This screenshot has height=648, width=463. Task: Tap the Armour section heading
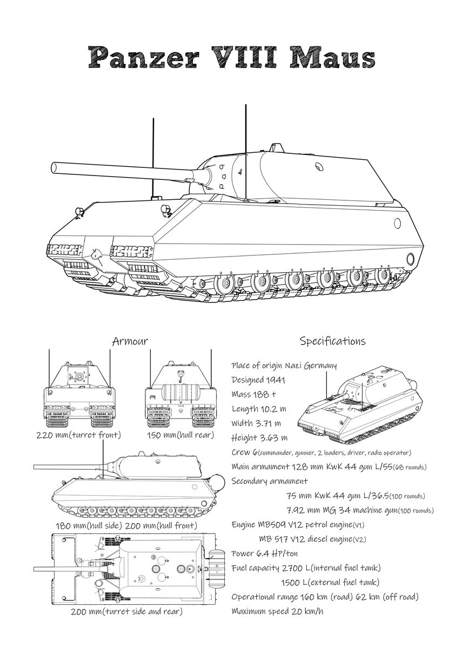pos(130,341)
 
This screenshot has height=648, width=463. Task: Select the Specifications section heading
pos(332,341)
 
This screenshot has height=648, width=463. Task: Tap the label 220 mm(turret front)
pos(79,435)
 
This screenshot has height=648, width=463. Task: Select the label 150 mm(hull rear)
pos(180,435)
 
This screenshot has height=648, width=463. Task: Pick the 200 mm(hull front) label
pos(162,525)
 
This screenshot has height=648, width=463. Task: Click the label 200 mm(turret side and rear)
pos(126,611)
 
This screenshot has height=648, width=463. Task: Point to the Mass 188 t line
pos(253,394)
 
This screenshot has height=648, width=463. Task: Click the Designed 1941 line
pos(258,380)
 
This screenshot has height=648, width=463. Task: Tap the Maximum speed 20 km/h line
pos(277,611)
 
